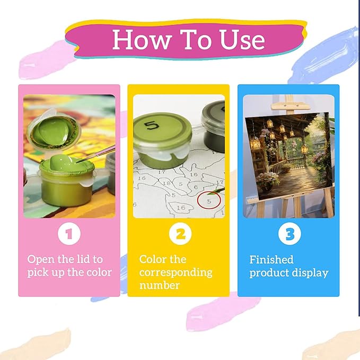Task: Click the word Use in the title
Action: [x=242, y=39]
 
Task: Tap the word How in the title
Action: [x=143, y=39]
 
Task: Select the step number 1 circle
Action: [x=69, y=234]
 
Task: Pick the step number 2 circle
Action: [x=180, y=234]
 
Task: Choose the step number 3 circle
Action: [x=289, y=234]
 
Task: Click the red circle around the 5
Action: [x=209, y=200]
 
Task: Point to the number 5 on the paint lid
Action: [x=152, y=126]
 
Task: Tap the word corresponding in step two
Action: [x=175, y=273]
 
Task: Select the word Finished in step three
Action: [x=271, y=260]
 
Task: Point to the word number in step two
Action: [x=160, y=286]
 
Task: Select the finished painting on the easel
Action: [x=289, y=155]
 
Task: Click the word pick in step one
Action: [x=36, y=273]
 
